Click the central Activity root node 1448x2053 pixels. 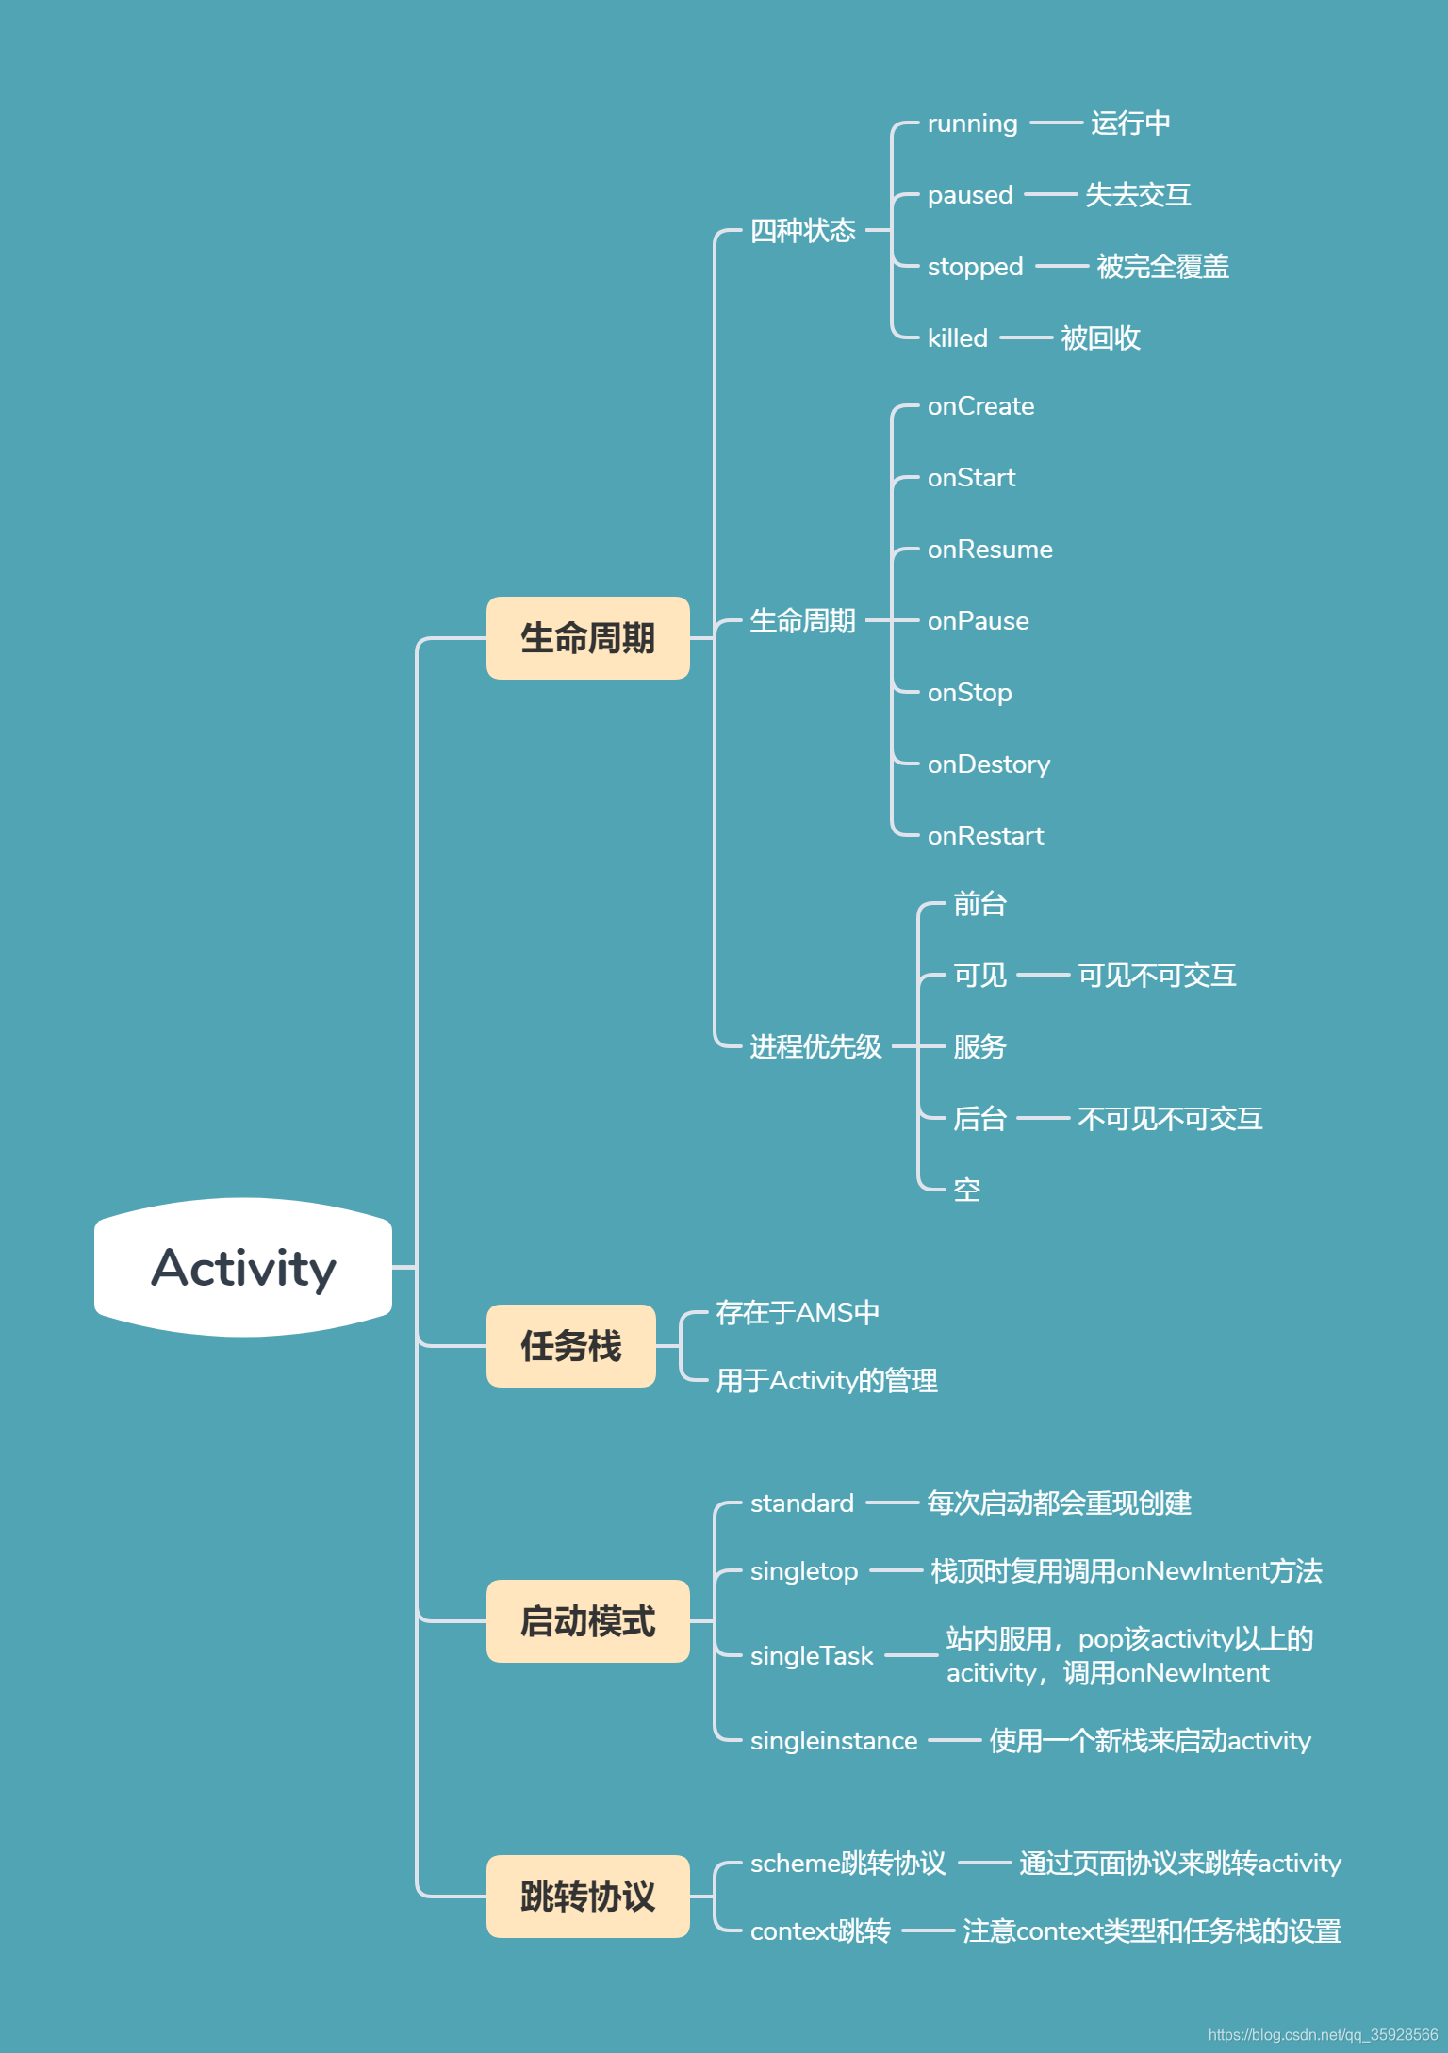click(x=243, y=1267)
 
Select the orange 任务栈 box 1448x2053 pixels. click(x=570, y=1346)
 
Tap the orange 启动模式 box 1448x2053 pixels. click(x=587, y=1621)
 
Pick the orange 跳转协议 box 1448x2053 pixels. click(x=587, y=1897)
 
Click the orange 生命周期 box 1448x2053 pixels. click(x=587, y=638)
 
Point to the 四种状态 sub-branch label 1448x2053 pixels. click(x=802, y=230)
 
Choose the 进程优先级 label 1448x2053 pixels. click(x=815, y=1046)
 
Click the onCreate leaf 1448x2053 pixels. click(x=980, y=406)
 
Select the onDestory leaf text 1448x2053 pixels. click(x=988, y=764)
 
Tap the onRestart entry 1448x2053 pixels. click(x=985, y=836)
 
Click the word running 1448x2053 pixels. click(x=972, y=123)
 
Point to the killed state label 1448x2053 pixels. click(x=957, y=338)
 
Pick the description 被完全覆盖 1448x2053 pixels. click(x=1162, y=267)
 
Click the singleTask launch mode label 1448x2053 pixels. click(x=811, y=1656)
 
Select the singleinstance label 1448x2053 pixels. click(x=833, y=1741)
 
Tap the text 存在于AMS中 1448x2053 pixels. click(x=797, y=1312)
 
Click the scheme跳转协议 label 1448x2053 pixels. click(x=847, y=1864)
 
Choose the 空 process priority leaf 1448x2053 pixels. click(x=966, y=1190)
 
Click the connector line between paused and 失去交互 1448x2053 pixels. click(x=1049, y=195)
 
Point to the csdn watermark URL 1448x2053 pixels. click(x=1322, y=2035)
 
